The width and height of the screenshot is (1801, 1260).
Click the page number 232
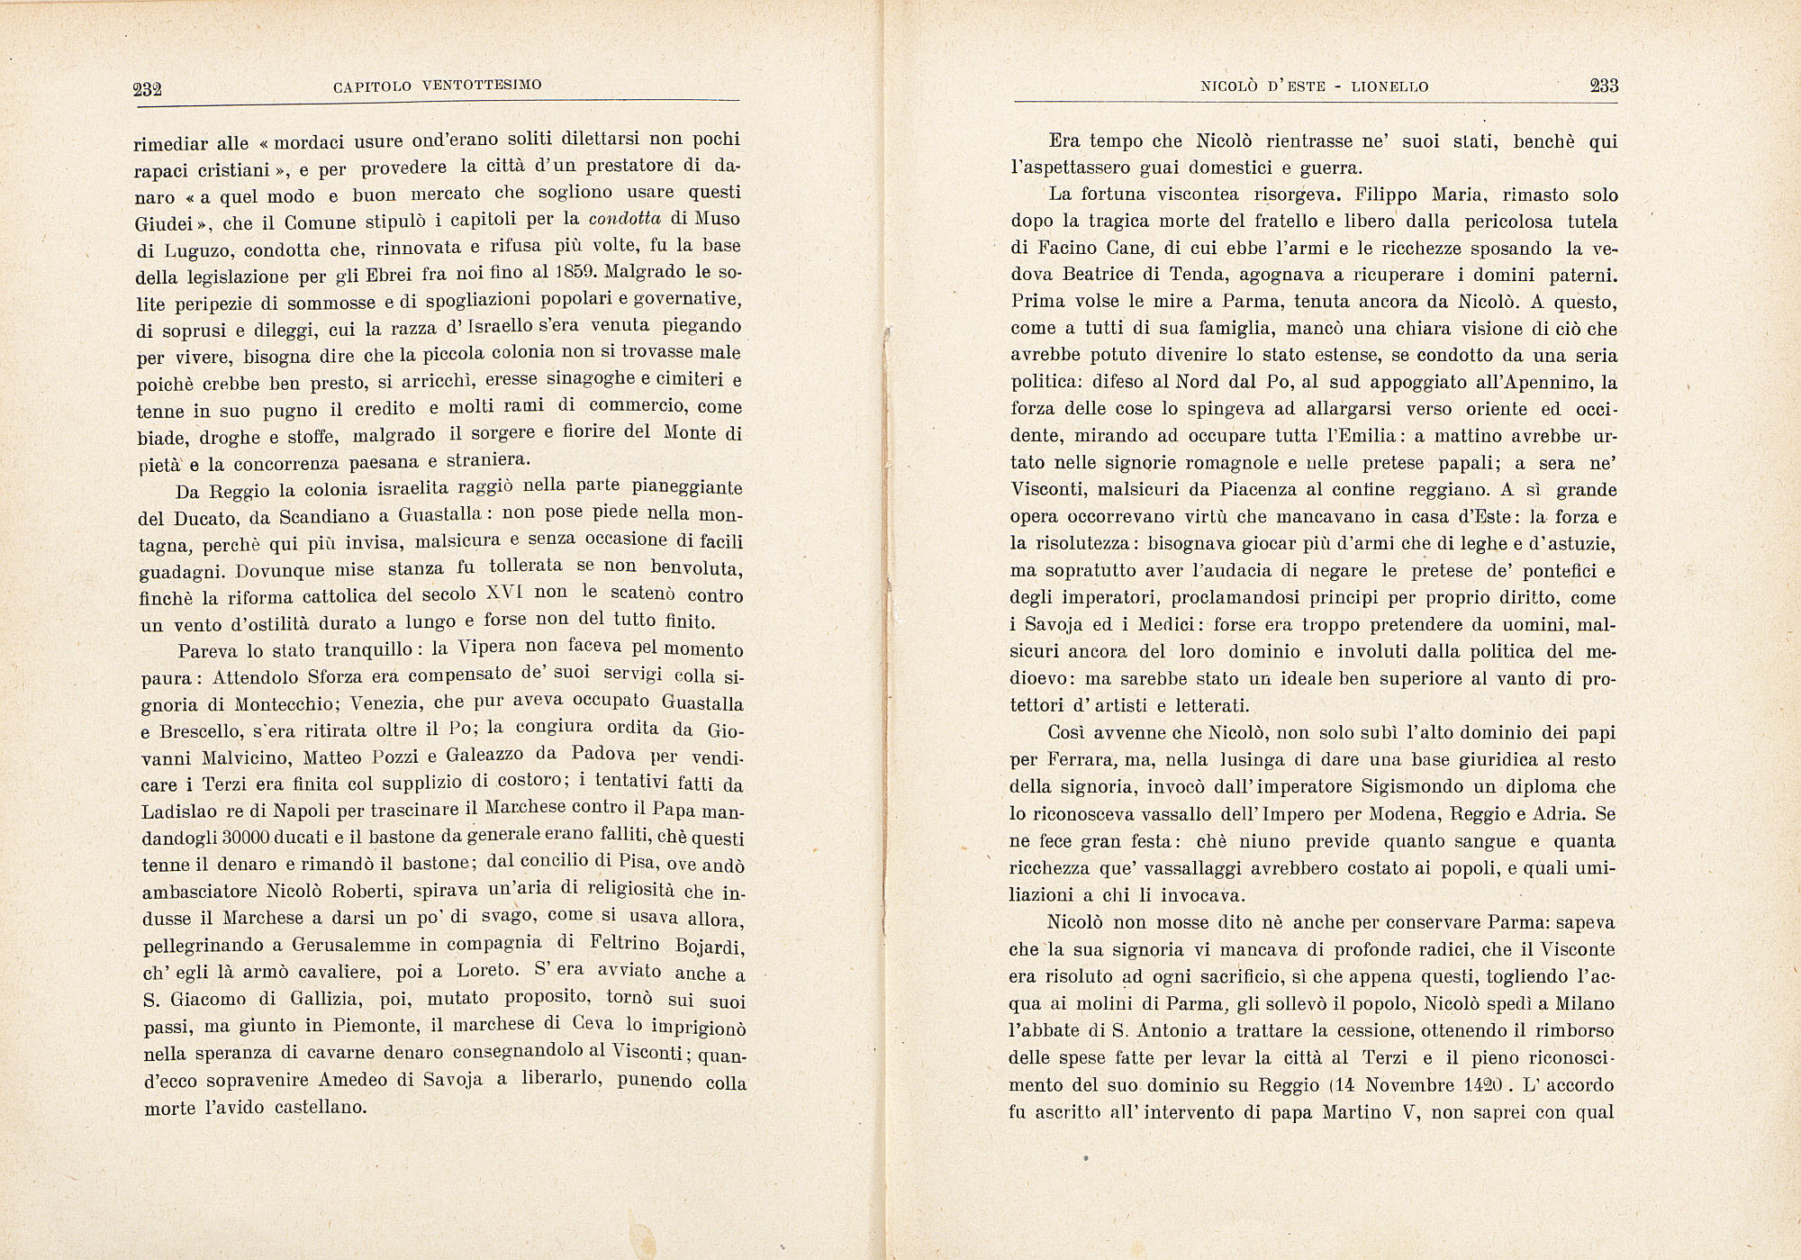(x=146, y=88)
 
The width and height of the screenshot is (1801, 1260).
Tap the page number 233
(x=1604, y=86)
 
